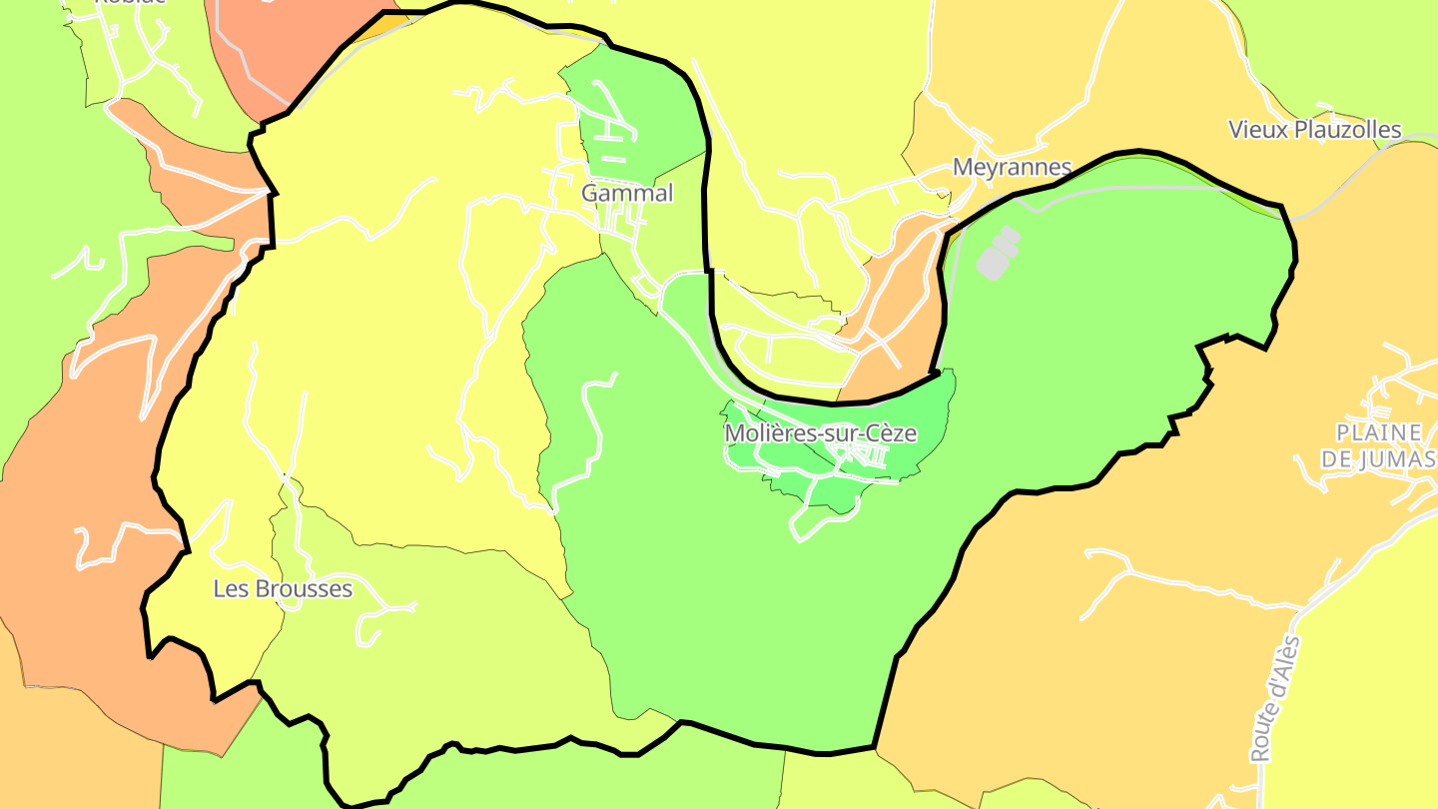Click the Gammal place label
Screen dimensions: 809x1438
click(627, 193)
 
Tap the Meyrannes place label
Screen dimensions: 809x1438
click(1012, 167)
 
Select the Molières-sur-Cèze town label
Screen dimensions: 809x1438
click(820, 433)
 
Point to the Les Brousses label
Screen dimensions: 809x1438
click(283, 588)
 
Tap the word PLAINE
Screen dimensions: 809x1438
click(1377, 432)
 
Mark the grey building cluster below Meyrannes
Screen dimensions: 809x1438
click(998, 253)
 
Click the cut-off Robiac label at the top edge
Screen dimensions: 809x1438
click(130, 2)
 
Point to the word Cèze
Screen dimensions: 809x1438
click(891, 433)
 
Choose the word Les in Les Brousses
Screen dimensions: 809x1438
click(230, 588)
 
